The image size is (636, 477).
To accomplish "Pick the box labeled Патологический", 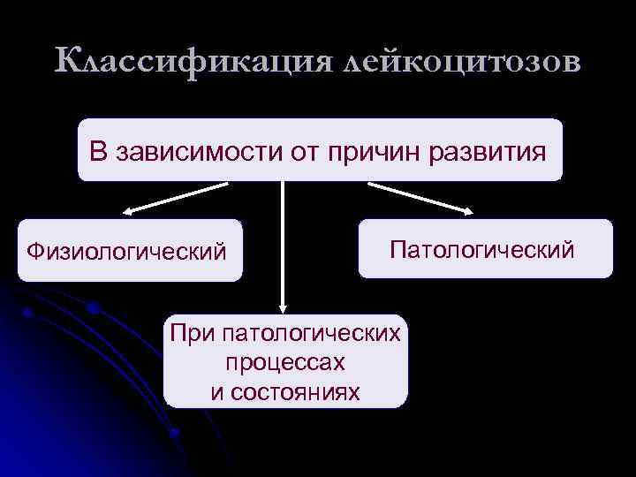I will point(484,248).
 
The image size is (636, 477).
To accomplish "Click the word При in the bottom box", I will point(192,334).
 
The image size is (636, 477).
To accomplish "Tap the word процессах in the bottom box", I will point(284,362).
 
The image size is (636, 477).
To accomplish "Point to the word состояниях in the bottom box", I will point(295,391).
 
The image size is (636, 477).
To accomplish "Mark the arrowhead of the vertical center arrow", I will point(282,307).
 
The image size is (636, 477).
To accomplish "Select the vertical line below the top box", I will point(282,238).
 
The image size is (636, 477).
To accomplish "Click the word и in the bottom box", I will point(216,391).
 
